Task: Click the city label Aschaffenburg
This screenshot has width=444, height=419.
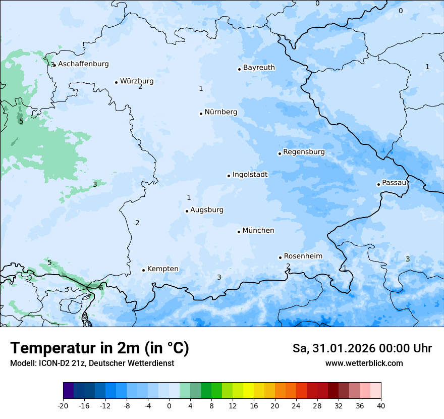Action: [83, 64]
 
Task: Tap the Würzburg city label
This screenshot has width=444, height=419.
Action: [137, 81]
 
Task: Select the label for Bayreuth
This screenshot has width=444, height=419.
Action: [259, 68]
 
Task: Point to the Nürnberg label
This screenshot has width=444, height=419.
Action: [220, 112]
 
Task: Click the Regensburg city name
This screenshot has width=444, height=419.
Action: [304, 152]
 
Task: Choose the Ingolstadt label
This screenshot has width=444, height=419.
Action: [250, 175]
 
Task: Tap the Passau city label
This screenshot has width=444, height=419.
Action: [394, 183]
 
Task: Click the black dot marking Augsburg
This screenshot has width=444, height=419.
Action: [187, 211]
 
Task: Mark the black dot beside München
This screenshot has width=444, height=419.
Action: [239, 232]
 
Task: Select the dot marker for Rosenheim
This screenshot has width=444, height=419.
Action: [280, 257]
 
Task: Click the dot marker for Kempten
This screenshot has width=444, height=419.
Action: [143, 270]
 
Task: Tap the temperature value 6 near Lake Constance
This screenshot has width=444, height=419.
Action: [101, 288]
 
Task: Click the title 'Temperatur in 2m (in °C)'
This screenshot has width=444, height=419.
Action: [99, 348]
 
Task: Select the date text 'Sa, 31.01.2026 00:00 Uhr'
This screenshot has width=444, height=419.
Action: [362, 348]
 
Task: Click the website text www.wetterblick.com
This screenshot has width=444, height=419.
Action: [364, 363]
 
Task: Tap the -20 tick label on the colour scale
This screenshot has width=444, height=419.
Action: [63, 405]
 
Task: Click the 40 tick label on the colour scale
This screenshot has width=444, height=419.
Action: [380, 405]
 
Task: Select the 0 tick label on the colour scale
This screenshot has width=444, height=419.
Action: [169, 405]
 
